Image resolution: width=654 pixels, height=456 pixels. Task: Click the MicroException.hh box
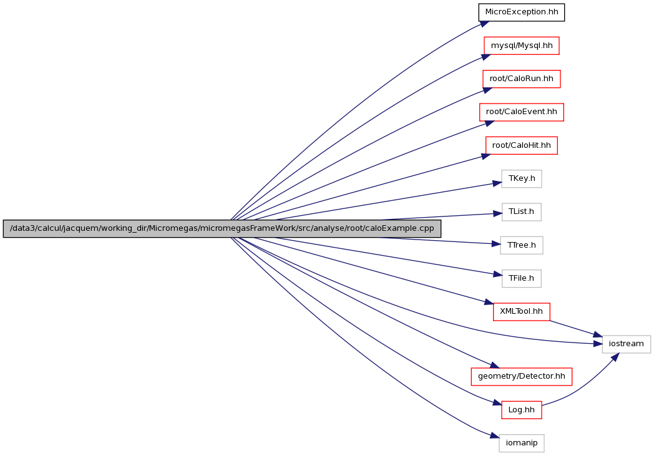pos(521,12)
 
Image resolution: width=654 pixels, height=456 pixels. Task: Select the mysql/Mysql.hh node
pos(521,46)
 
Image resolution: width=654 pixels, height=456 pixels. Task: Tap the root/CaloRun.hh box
pos(521,79)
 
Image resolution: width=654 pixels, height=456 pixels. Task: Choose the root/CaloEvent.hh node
pos(521,112)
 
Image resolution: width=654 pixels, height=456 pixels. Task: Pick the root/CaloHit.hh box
pos(521,145)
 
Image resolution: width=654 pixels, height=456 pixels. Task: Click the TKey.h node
pos(521,179)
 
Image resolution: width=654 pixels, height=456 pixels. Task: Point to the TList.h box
pos(521,211)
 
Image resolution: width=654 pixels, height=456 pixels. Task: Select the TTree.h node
pos(521,245)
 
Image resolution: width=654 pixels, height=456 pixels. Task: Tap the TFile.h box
pos(521,278)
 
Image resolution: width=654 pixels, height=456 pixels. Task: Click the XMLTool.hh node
pos(521,312)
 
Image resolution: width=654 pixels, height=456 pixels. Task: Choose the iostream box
pos(626,344)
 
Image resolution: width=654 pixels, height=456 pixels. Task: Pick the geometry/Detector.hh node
pos(521,377)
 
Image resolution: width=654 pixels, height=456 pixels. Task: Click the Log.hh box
pos(521,410)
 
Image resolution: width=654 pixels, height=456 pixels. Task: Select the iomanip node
pos(521,443)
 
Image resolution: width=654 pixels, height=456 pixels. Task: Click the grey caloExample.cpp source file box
pos(222,229)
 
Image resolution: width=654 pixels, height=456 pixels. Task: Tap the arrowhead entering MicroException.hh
pos(484,23)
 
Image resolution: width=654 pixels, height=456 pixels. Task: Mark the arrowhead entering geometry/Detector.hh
pos(494,366)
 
